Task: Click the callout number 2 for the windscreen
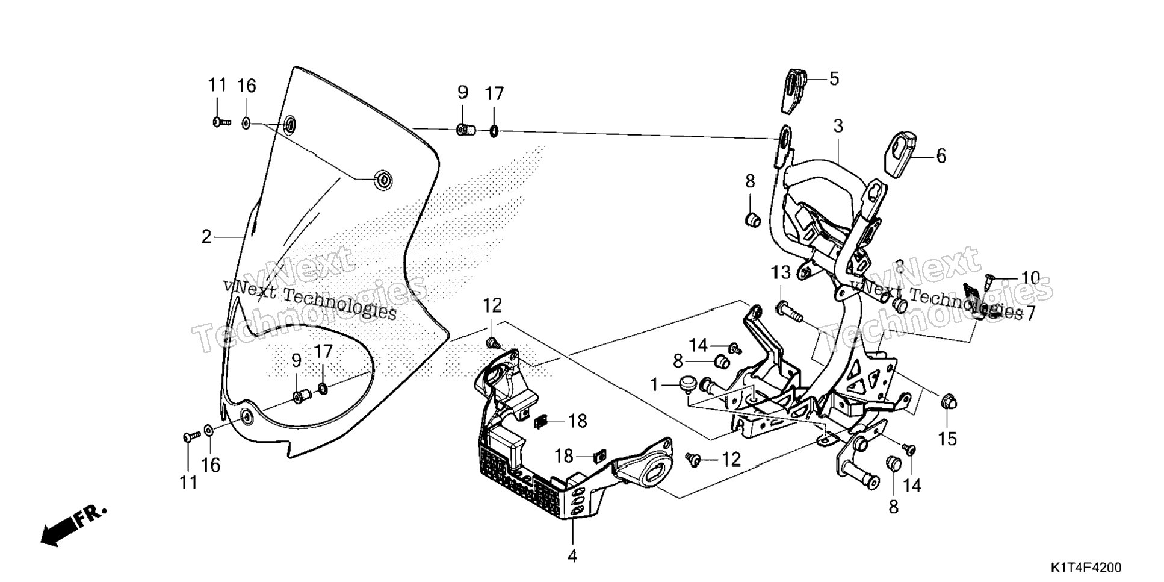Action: pyautogui.click(x=206, y=237)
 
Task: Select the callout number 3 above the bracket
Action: pyautogui.click(x=838, y=126)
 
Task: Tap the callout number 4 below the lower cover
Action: pyautogui.click(x=572, y=555)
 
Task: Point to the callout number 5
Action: pyautogui.click(x=834, y=78)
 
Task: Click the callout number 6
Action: pyautogui.click(x=941, y=156)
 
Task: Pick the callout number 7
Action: pyautogui.click(x=1030, y=314)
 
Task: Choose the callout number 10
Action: pyautogui.click(x=1030, y=278)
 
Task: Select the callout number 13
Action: pyautogui.click(x=781, y=273)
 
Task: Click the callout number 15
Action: pyautogui.click(x=947, y=439)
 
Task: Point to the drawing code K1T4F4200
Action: pyautogui.click(x=1086, y=568)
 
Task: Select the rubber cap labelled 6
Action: pyautogui.click(x=900, y=155)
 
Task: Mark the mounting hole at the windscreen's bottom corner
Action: pyautogui.click(x=246, y=416)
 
